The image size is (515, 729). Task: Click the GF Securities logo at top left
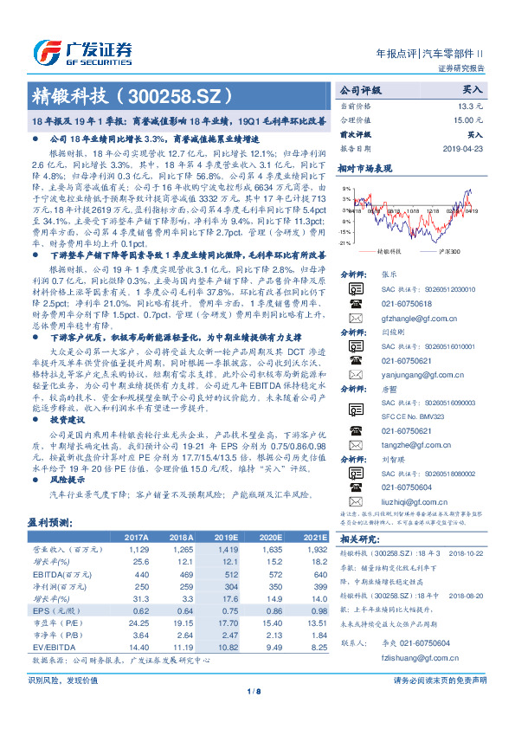pos(82,49)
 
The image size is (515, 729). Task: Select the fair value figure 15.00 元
pos(469,120)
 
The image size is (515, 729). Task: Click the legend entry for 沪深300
pos(450,251)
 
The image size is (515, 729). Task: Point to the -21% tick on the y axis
pos(346,243)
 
